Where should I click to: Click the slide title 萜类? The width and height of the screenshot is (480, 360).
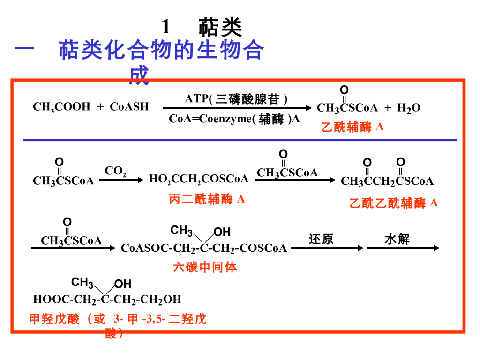[x=220, y=27]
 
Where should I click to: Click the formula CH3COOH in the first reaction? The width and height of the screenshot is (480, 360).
[x=61, y=107]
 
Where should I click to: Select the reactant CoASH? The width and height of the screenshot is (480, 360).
[x=129, y=107]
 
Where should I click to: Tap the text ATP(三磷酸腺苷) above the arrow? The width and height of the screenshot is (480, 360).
[x=236, y=99]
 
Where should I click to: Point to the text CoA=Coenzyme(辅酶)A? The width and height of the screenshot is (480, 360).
[x=234, y=119]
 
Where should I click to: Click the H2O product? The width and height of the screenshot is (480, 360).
[x=409, y=108]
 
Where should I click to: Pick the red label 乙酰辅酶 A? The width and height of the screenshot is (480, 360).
[x=352, y=127]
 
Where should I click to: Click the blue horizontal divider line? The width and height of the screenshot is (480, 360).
[x=240, y=140]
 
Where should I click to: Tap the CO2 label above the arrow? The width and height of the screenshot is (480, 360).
[x=115, y=171]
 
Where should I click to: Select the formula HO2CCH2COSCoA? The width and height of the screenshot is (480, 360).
[x=199, y=179]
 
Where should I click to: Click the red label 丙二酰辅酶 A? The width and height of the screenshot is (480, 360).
[x=207, y=199]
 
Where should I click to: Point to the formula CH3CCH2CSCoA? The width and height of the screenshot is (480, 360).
[x=387, y=181]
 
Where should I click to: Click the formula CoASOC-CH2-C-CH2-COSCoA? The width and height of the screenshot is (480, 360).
[x=204, y=248]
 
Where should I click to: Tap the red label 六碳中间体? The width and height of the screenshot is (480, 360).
[x=205, y=268]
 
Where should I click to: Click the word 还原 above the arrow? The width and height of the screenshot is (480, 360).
[x=321, y=240]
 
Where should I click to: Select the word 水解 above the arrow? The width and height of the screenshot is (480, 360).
[x=397, y=240]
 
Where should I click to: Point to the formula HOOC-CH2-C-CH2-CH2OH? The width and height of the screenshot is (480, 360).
[x=107, y=300]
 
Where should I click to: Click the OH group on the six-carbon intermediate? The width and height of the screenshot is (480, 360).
[x=222, y=232]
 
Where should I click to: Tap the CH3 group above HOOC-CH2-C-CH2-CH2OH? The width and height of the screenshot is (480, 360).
[x=82, y=283]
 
